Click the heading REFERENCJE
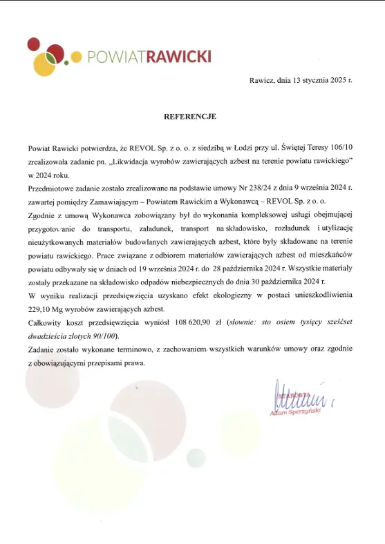pos(189,117)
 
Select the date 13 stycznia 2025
pos(318,80)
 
